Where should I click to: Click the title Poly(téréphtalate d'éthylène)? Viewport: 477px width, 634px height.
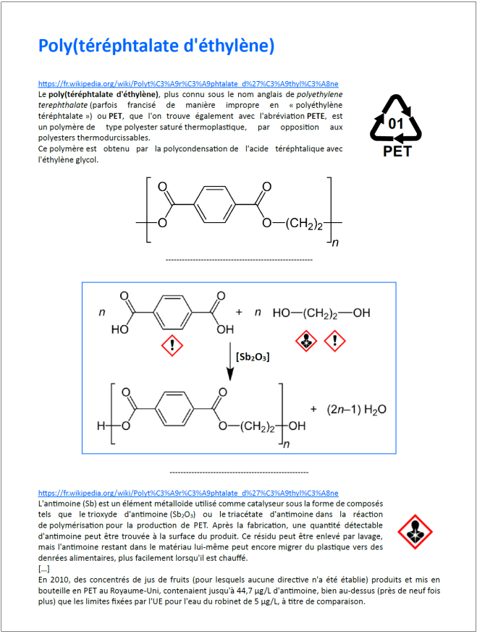point(156,46)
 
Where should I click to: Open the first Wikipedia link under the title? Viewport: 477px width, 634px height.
point(188,83)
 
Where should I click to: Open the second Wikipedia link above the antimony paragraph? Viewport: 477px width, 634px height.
point(188,493)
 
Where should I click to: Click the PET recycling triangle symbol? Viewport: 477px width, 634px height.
point(396,119)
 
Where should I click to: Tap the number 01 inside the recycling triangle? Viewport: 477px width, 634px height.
point(396,123)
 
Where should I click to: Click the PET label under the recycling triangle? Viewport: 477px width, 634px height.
point(396,152)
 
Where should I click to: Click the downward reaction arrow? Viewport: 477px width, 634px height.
point(230,359)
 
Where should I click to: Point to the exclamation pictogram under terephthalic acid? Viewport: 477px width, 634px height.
point(172,345)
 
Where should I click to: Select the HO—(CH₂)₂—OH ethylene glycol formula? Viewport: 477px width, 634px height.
point(321,313)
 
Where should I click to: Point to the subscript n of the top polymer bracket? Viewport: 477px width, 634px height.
point(335,243)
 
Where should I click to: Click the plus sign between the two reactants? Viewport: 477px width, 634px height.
point(240,312)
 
